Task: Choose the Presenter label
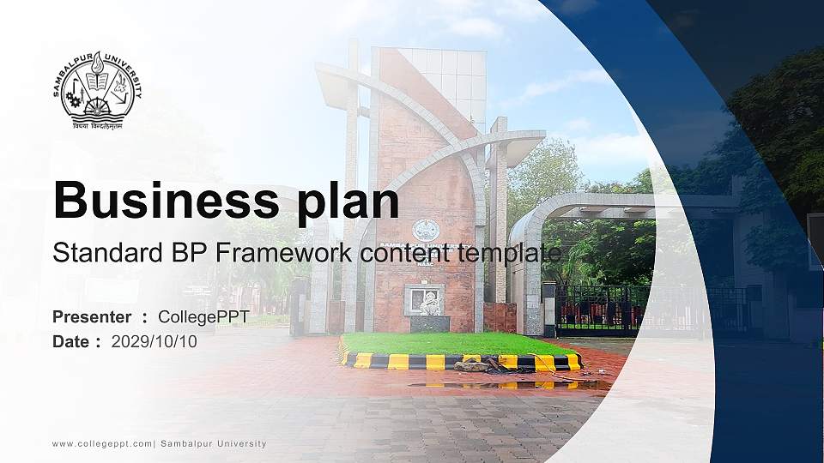point(92,317)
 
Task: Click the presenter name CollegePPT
point(203,317)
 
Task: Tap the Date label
point(71,342)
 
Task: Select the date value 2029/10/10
point(154,342)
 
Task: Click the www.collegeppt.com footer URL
point(102,444)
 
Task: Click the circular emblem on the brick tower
point(426,230)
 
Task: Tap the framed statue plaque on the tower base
point(425,300)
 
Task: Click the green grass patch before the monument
point(455,343)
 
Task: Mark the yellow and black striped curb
point(403,361)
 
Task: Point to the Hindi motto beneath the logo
point(97,125)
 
